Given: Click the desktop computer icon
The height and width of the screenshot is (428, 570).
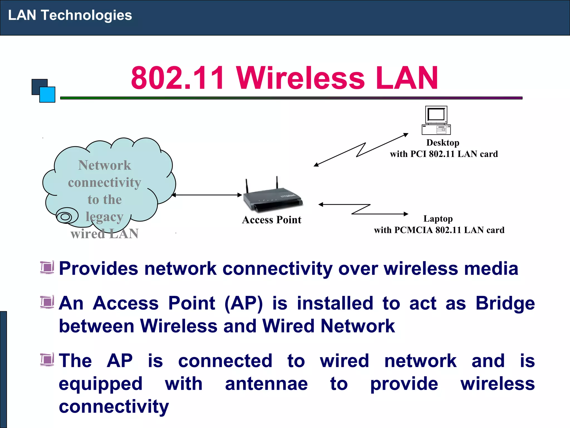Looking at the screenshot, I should pyautogui.click(x=436, y=120).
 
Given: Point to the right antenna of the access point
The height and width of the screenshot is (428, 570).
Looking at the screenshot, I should pyautogui.click(x=277, y=183).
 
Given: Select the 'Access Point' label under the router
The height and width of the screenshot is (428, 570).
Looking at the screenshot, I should pyautogui.click(x=272, y=220).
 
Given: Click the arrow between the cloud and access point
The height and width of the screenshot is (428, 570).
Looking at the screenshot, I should pyautogui.click(x=207, y=195).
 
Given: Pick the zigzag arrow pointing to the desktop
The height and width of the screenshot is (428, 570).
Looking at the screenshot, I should pyautogui.click(x=361, y=150).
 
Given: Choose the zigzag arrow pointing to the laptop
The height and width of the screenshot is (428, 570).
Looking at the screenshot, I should pyautogui.click(x=363, y=209).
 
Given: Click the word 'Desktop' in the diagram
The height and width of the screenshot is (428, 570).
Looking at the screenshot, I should pyautogui.click(x=443, y=143).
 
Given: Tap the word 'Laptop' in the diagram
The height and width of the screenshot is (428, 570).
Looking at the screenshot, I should pyautogui.click(x=438, y=219).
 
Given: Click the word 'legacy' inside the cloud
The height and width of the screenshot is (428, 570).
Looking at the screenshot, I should pyautogui.click(x=104, y=217).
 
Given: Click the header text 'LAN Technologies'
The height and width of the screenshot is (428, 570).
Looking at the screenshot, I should pyautogui.click(x=70, y=15).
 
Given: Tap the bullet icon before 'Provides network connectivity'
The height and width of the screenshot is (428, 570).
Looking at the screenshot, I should pyautogui.click(x=47, y=267).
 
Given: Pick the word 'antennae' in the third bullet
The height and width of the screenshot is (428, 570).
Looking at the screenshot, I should pyautogui.click(x=266, y=384).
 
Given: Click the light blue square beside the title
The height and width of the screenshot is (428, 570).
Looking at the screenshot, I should pyautogui.click(x=48, y=95).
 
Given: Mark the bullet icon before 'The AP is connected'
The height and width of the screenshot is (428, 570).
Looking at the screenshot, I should pyautogui.click(x=47, y=359).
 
